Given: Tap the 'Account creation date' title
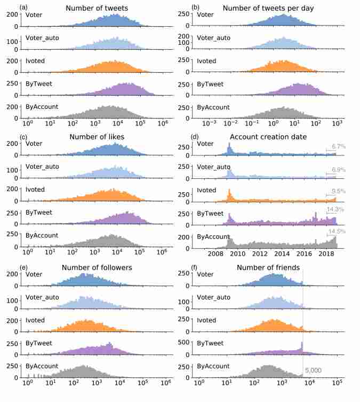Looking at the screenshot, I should pyautogui.click(x=268, y=137).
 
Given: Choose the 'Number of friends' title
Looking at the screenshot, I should pyautogui.click(x=268, y=267).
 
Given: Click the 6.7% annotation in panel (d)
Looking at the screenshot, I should pyautogui.click(x=339, y=146).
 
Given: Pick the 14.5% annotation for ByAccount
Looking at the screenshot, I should pyautogui.click(x=338, y=231).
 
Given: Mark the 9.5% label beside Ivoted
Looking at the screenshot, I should pyautogui.click(x=339, y=191).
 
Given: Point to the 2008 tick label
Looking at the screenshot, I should pyautogui.click(x=217, y=254).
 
